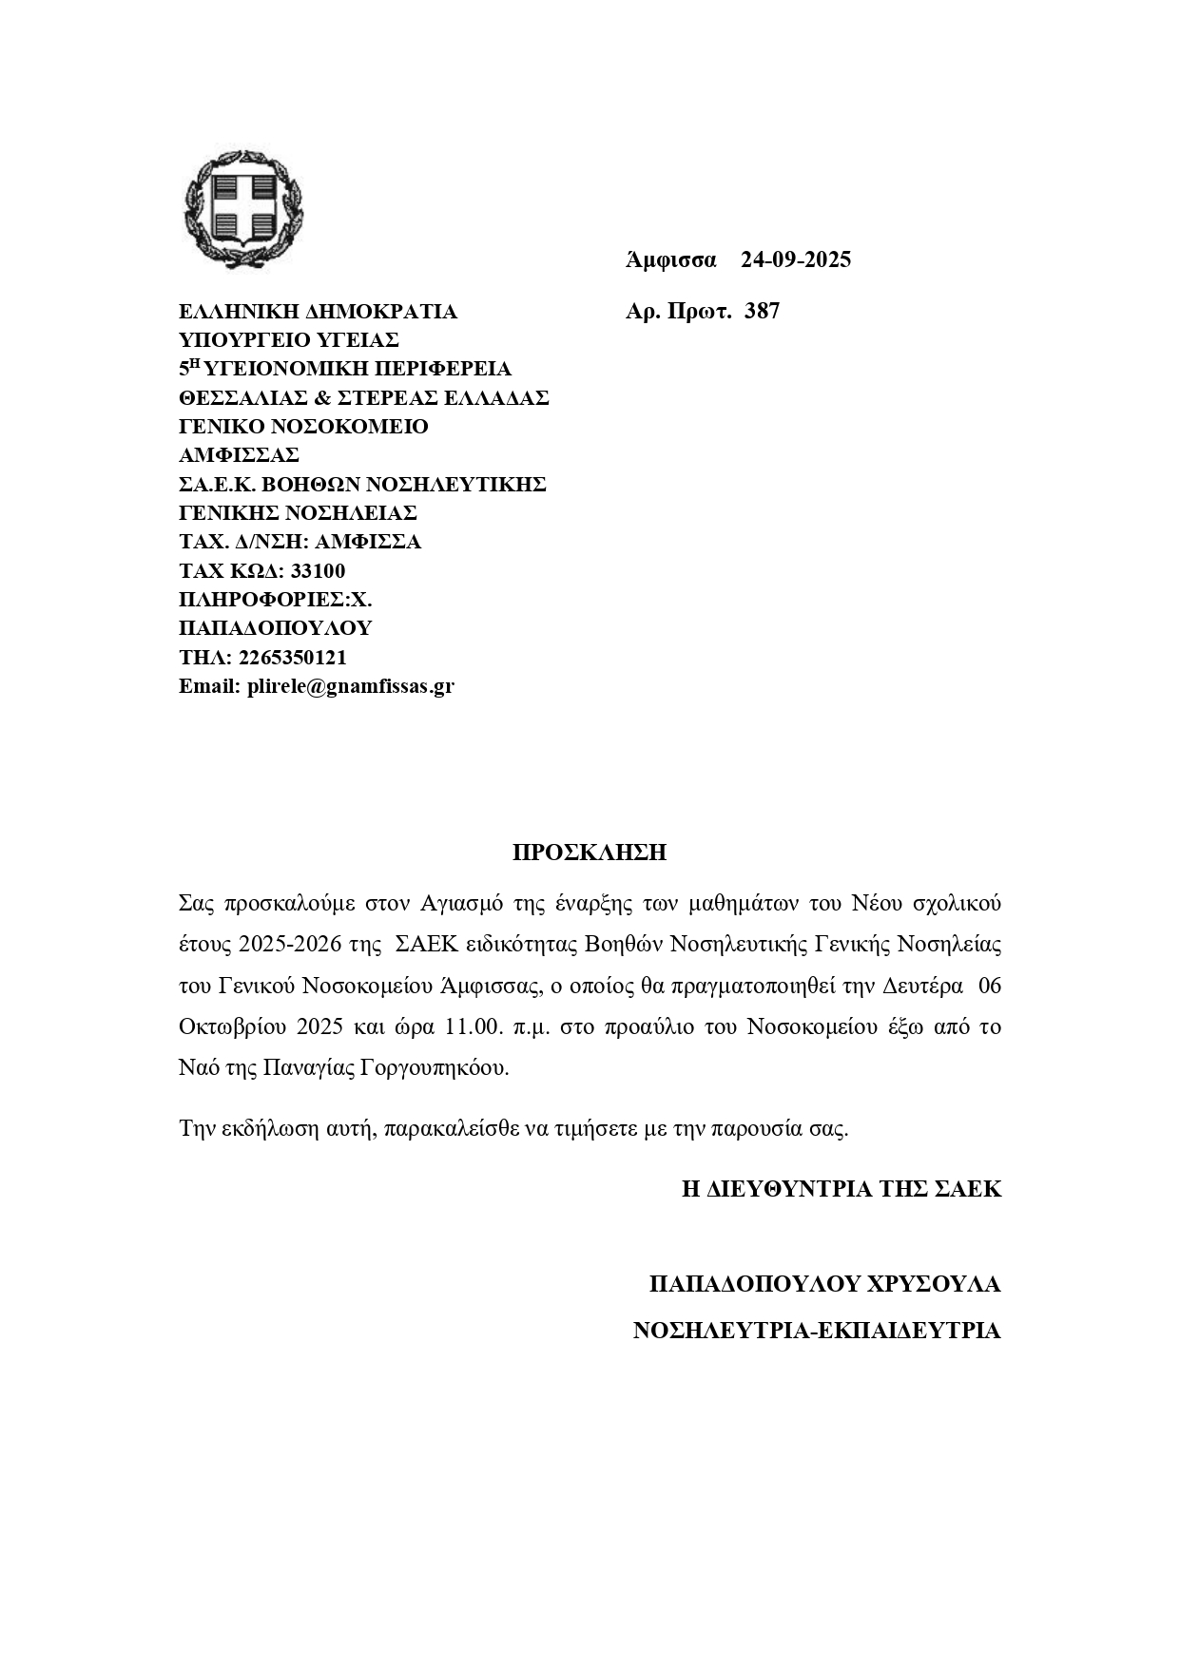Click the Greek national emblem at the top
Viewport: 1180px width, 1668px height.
tap(243, 210)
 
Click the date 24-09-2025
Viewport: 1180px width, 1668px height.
tap(796, 259)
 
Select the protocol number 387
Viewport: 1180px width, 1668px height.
tap(762, 311)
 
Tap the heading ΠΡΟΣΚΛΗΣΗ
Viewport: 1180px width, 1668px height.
tap(590, 853)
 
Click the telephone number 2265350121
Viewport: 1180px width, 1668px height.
tap(293, 658)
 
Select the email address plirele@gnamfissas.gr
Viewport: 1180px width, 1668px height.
tap(350, 686)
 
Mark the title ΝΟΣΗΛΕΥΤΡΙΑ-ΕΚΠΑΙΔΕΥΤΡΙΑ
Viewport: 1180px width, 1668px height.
tap(817, 1331)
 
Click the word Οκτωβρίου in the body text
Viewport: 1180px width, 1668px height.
tap(233, 1027)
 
